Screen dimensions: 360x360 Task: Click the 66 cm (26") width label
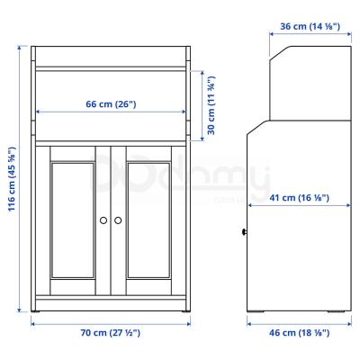point(111,104)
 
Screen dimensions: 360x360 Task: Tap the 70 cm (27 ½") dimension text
point(111,333)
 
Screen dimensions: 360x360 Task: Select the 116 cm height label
point(10,180)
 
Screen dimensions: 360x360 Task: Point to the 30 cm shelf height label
point(210,104)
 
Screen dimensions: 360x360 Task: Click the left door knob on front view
point(104,220)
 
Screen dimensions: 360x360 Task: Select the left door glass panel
point(72,220)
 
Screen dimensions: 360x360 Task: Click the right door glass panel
point(150,220)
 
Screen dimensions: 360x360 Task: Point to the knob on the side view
point(245,232)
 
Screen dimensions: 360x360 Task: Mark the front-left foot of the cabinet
point(39,311)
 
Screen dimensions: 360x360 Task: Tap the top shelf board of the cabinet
point(111,67)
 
